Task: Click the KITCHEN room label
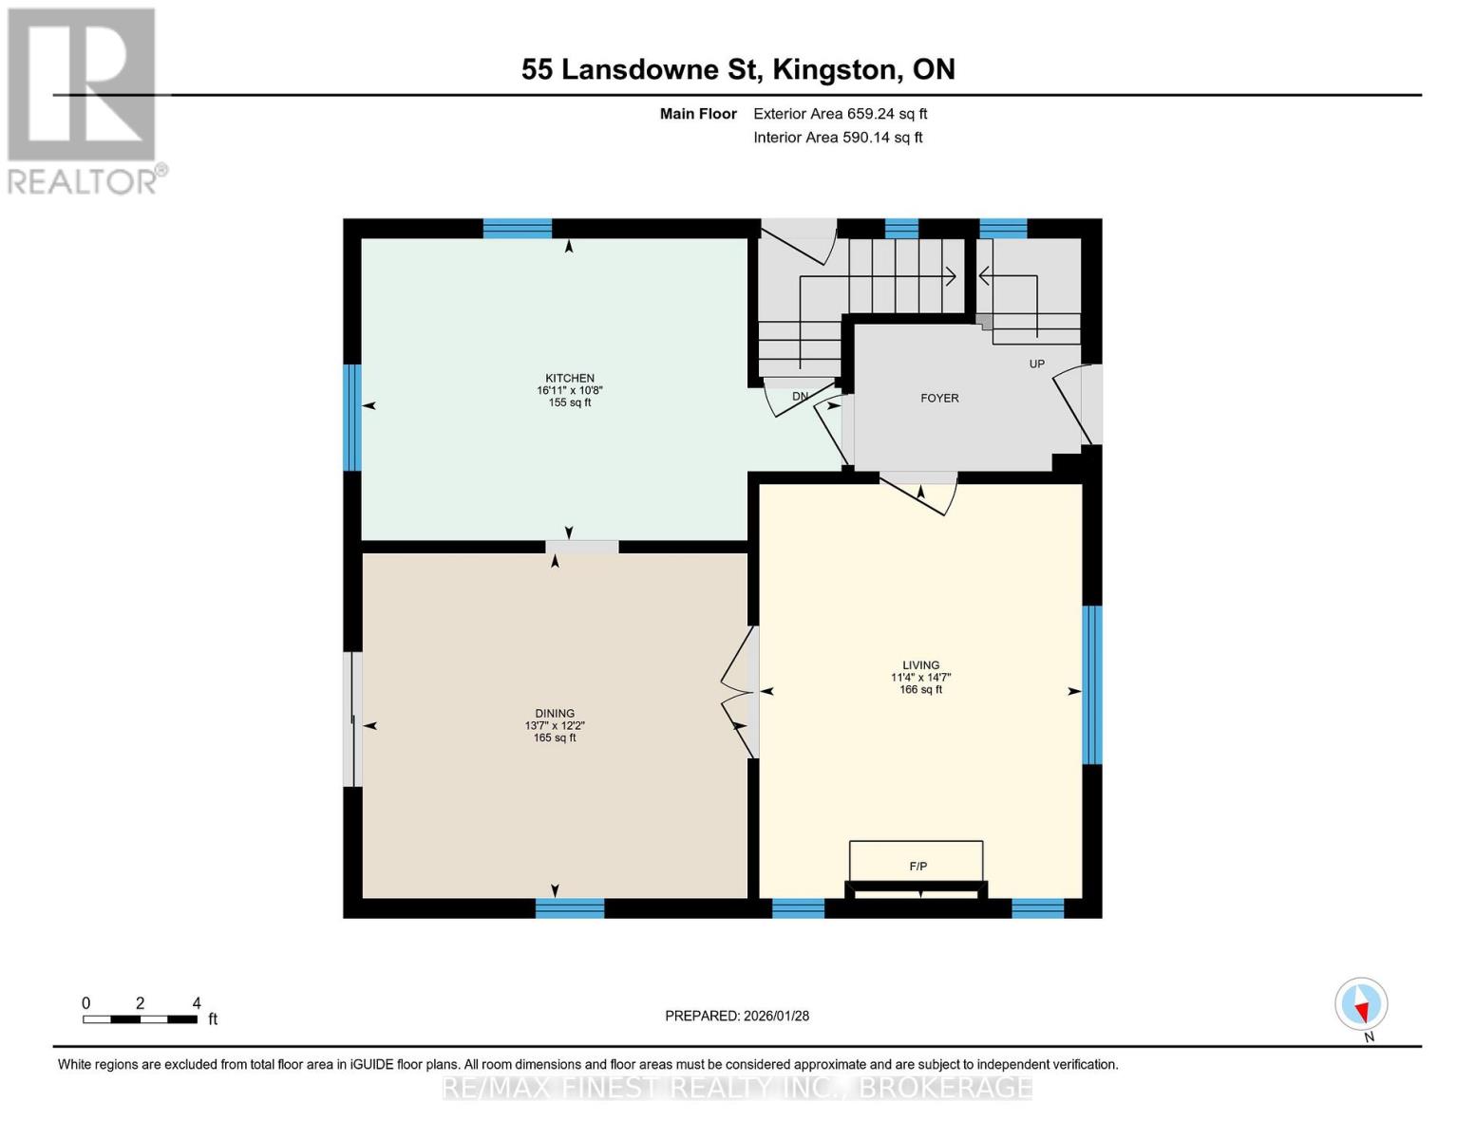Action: (569, 378)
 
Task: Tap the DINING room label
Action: (555, 714)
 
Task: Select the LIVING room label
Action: (920, 665)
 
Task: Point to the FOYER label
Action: (939, 399)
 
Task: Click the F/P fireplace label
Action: (917, 867)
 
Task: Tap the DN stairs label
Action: (800, 397)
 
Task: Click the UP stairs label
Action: (1036, 364)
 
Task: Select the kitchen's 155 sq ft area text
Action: (569, 402)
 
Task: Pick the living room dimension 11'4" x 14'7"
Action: (920, 678)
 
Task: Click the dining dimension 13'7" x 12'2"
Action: (555, 726)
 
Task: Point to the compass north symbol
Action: (1361, 1004)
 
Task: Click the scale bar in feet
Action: (140, 1019)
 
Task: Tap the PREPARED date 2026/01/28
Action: (737, 1016)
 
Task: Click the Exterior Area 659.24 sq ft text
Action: (840, 114)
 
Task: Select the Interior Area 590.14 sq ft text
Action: (838, 138)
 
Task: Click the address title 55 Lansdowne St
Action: (738, 69)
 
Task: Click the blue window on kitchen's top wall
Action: (517, 228)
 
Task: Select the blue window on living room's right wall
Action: (1092, 684)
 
